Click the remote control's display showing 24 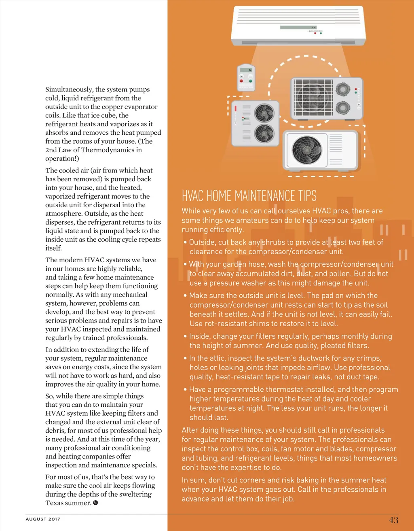click(246, 70)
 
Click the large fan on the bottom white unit click(307, 149)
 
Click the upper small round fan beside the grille click(343, 89)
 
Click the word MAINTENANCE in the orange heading click(265, 196)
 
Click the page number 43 click(393, 520)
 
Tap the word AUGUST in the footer click(36, 519)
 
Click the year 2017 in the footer click(54, 519)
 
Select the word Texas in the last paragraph click(55, 503)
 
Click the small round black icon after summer click(95, 503)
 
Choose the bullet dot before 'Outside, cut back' click(185, 242)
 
